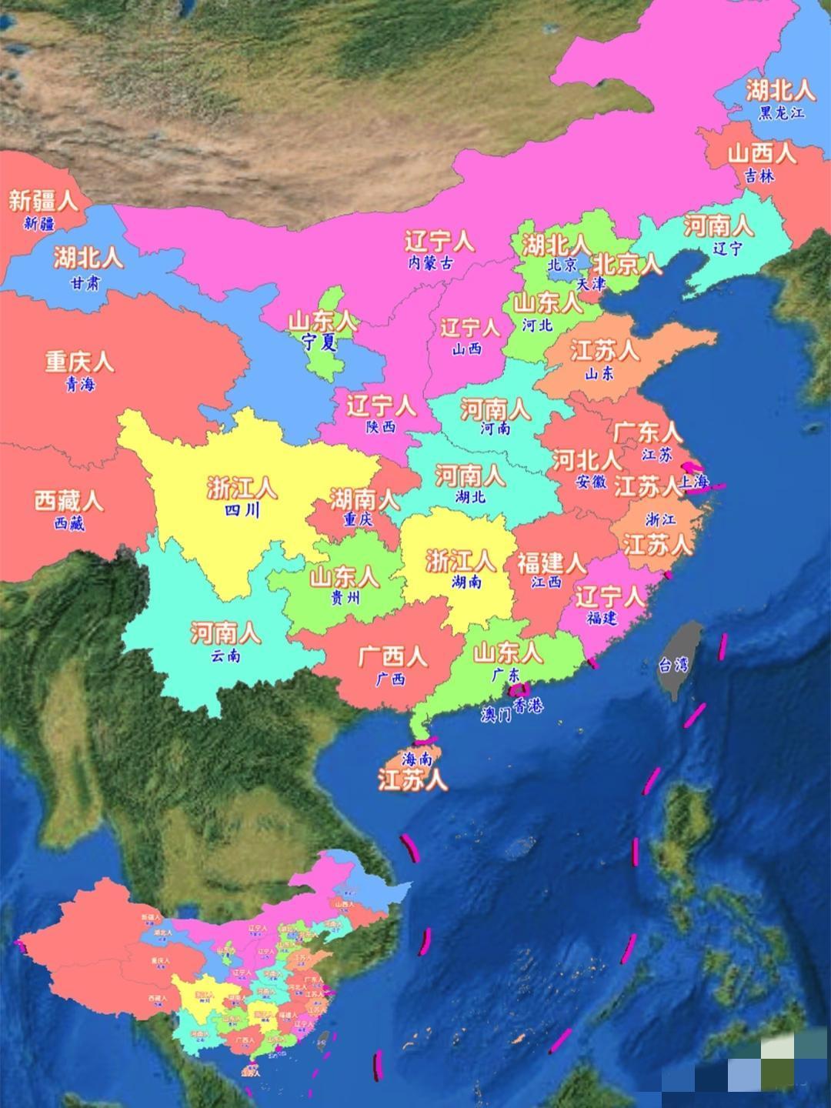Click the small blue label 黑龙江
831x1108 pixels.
point(781,112)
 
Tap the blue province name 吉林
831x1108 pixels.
point(759,176)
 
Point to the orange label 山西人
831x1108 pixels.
point(762,153)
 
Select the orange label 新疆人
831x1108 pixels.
point(43,202)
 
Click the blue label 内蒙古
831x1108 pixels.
point(430,262)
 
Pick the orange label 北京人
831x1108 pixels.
point(627,265)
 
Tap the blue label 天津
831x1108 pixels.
point(591,283)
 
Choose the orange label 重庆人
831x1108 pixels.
point(79,362)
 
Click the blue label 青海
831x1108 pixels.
point(79,384)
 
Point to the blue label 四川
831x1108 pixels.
point(242,510)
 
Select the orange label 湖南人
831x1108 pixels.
point(365,500)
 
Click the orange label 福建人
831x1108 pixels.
point(551,562)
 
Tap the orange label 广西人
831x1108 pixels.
point(392,656)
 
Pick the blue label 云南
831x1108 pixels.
point(225,656)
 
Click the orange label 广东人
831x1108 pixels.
point(647,432)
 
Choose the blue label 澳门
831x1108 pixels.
point(496,715)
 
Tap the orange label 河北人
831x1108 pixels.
point(586,460)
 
